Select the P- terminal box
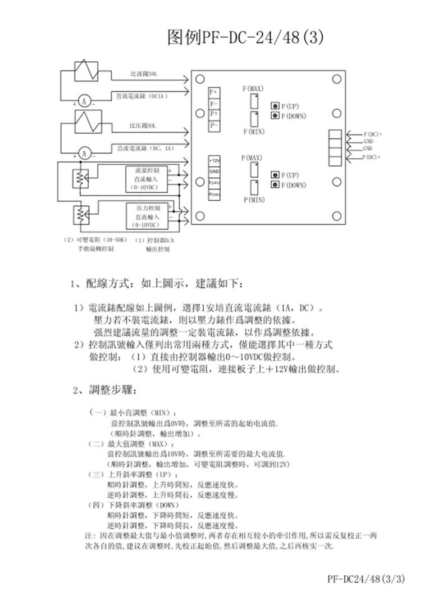214,124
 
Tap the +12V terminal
214,161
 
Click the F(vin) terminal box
214,183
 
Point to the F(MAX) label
253,88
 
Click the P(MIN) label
254,200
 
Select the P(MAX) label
253,157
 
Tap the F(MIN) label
253,130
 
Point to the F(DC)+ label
372,134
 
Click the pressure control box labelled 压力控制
147,216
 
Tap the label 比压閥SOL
143,125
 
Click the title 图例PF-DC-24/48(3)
245,38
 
